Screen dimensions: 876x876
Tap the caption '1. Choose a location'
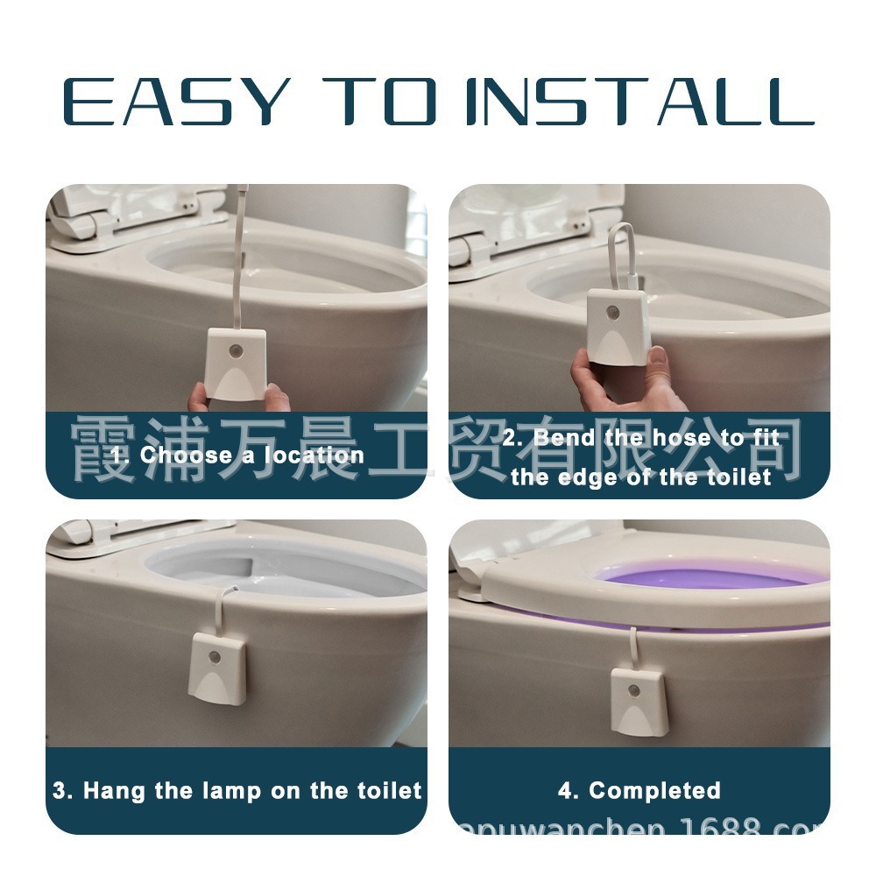(237, 455)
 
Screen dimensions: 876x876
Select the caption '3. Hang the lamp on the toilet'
(237, 790)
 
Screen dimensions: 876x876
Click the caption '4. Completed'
(639, 790)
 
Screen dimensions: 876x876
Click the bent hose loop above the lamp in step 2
(621, 254)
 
